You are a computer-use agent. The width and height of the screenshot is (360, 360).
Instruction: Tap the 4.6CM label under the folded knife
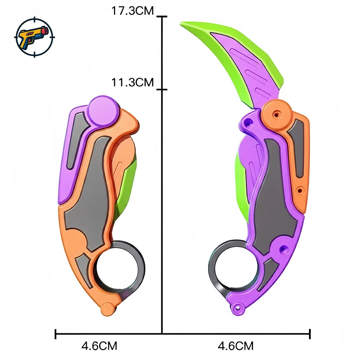[x=99, y=346]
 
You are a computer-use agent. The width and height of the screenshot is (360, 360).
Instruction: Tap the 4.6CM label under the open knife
[x=236, y=346]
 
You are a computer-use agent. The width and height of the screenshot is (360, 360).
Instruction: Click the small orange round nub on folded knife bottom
[x=107, y=309]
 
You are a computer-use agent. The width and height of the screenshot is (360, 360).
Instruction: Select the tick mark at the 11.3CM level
[x=162, y=89]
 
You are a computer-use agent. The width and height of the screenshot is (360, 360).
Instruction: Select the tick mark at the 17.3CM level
[x=162, y=17]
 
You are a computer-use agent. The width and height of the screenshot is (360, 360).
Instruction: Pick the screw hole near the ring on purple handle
[x=283, y=248]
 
